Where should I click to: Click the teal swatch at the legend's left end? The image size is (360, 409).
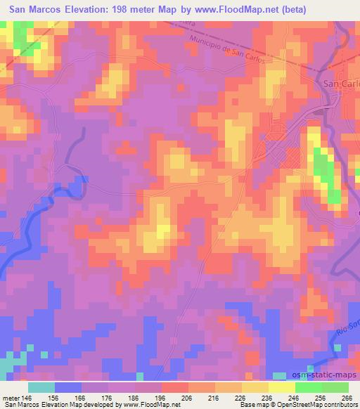tap(41, 387)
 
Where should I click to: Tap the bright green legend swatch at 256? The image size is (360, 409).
tap(308, 387)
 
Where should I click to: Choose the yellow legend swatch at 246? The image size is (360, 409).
tap(281, 387)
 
